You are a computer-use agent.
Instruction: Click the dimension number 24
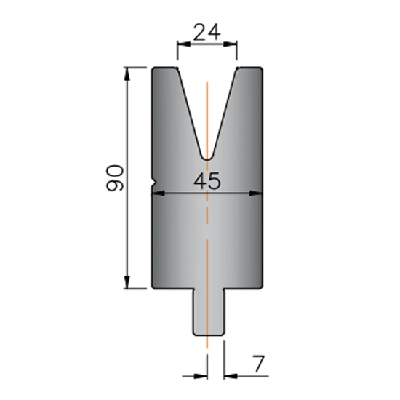point(207,32)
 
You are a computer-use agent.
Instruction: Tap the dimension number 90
point(115,177)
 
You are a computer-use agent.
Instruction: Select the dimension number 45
point(207,180)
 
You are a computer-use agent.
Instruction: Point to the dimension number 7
point(258,364)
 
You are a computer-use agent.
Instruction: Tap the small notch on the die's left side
point(154,183)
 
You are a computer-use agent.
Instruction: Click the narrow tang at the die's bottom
point(209,312)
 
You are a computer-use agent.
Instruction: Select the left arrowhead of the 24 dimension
point(184,44)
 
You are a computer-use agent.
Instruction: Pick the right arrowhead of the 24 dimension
point(231,44)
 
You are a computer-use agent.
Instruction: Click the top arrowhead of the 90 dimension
point(127,73)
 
